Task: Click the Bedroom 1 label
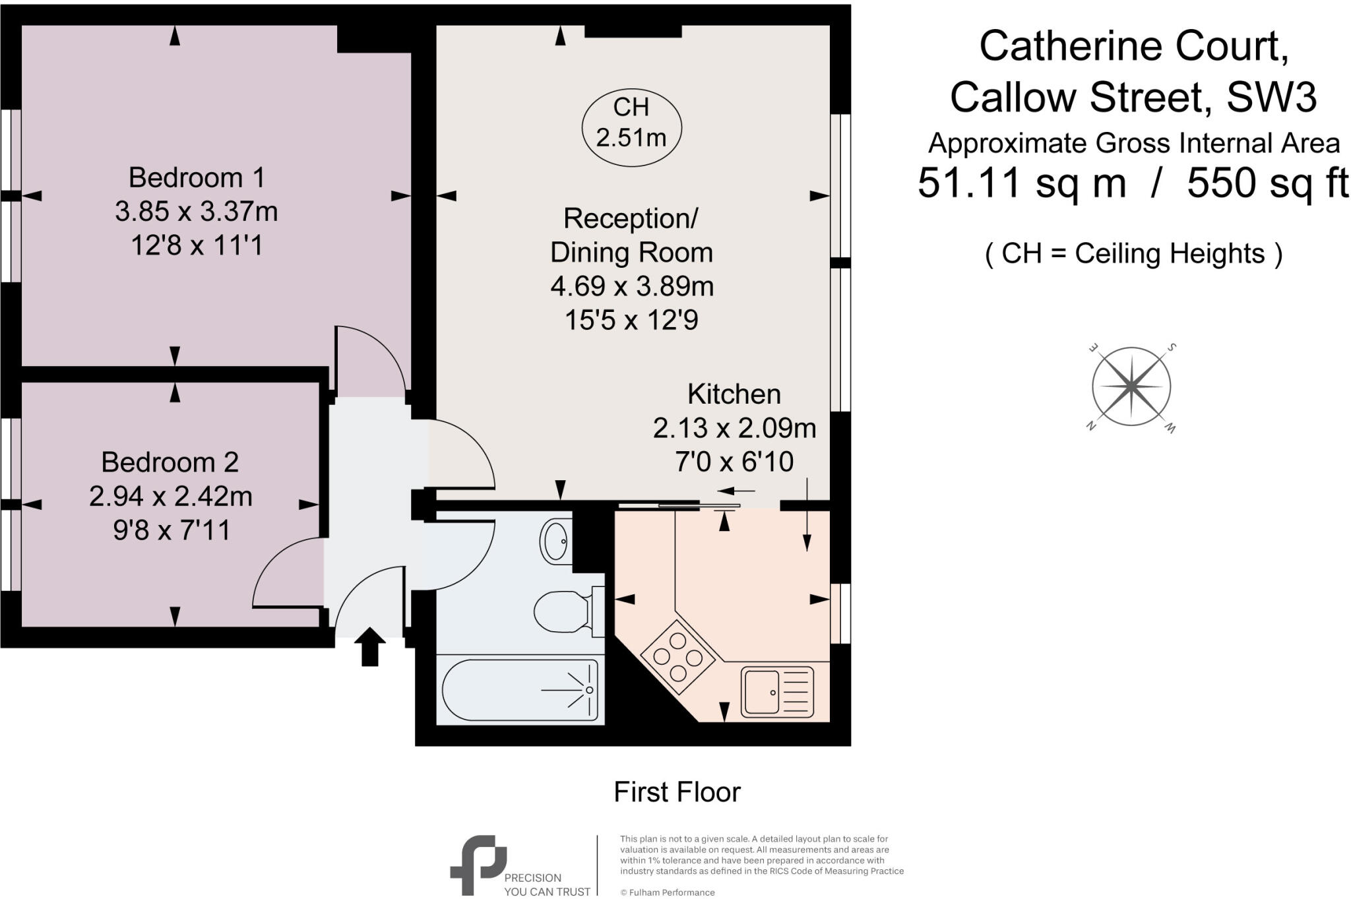coord(197,177)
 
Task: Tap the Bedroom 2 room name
coord(170,462)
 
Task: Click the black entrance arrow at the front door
coord(369,646)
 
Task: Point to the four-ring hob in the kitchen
coord(677,657)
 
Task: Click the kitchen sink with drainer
coord(777,692)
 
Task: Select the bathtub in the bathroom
coord(520,690)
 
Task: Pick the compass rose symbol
coord(1131,387)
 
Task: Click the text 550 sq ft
coord(1267,183)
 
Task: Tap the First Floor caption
coord(677,792)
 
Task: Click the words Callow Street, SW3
coord(1133,97)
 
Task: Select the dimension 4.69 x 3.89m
coord(631,286)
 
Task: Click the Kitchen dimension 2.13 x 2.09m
coord(734,428)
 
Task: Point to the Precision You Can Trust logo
coord(478,865)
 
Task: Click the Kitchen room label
coord(734,394)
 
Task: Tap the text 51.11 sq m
coord(1021,183)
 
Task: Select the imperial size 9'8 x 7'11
coord(171,530)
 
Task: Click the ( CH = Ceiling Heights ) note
coord(1133,253)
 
